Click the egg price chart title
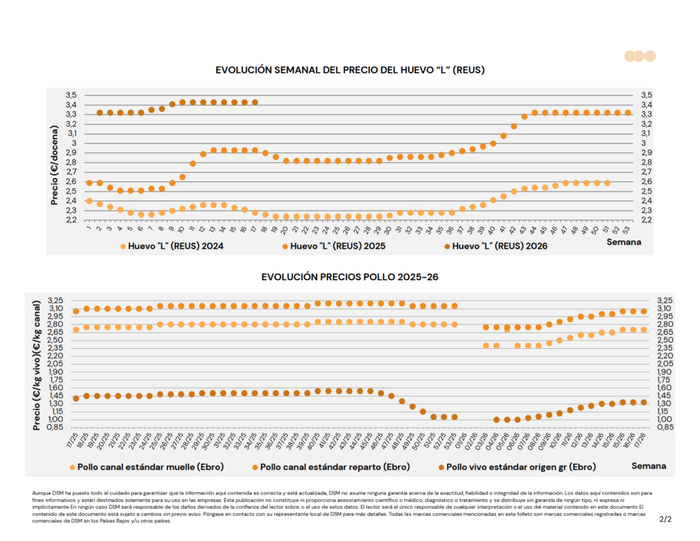pyautogui.click(x=350, y=70)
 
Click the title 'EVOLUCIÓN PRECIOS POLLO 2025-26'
pyautogui.click(x=349, y=277)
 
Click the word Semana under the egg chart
pyautogui.click(x=625, y=242)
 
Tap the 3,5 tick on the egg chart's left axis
pyautogui.click(x=71, y=95)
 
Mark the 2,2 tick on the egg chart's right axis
pyautogui.click(x=646, y=220)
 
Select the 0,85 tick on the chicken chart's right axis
pyautogui.click(x=665, y=427)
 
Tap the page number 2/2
pyautogui.click(x=665, y=520)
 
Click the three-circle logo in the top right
pyautogui.click(x=640, y=56)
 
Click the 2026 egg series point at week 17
pyautogui.click(x=255, y=102)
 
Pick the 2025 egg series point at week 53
pyautogui.click(x=628, y=112)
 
